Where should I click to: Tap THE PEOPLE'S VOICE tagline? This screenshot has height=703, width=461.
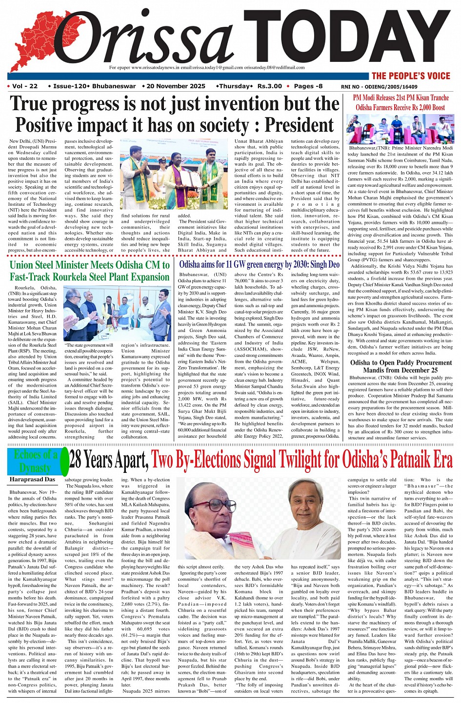click(x=411, y=76)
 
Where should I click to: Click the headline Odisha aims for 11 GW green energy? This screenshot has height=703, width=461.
click(x=259, y=265)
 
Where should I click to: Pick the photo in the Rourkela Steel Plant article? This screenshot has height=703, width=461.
click(x=117, y=313)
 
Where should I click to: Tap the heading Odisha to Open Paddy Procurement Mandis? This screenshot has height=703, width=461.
click(x=401, y=366)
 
